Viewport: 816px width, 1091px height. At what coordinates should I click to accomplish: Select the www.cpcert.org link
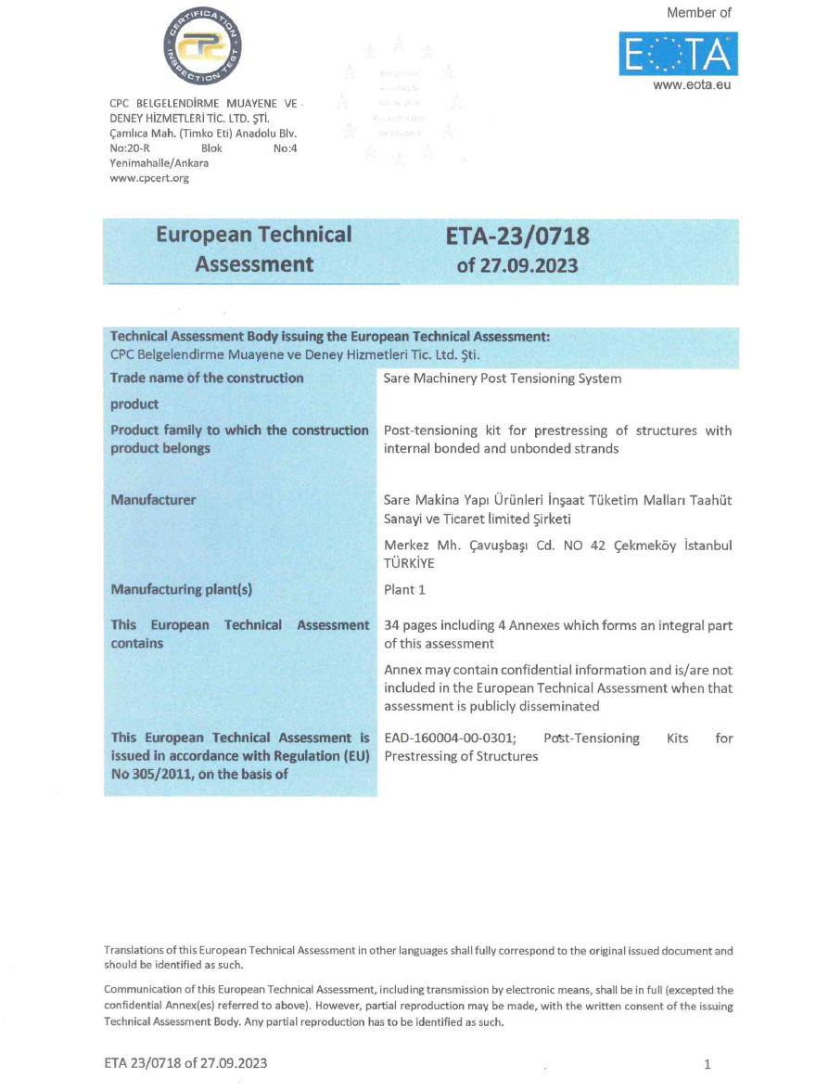point(149,178)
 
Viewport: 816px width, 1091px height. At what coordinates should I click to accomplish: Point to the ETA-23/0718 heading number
point(517,237)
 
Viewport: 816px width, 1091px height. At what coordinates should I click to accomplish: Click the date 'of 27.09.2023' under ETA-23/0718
point(517,265)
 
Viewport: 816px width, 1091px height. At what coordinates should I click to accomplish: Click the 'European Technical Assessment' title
point(254,250)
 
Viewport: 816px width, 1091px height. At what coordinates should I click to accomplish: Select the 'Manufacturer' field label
point(153,500)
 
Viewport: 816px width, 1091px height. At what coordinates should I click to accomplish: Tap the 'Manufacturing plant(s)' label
point(182,590)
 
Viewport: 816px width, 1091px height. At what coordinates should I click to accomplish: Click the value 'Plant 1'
point(404,590)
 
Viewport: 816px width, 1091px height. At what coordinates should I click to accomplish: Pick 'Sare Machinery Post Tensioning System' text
point(502,379)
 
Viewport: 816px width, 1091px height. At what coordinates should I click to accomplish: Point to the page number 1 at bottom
point(708,1063)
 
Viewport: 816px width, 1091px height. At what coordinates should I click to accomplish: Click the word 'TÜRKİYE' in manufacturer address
point(411,562)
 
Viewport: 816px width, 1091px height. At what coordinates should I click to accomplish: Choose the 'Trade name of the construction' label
point(207,379)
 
